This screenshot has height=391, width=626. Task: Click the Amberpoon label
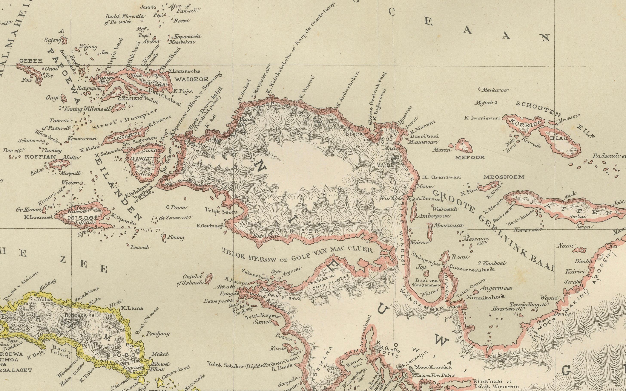coord(434,216)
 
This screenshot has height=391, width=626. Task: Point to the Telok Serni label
coord(221,211)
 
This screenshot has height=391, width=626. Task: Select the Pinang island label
coord(176,237)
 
